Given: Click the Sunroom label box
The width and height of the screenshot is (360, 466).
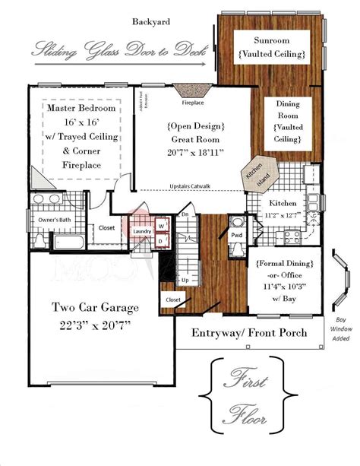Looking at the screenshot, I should tap(270, 47).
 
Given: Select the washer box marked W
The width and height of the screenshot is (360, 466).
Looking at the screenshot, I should tap(161, 226).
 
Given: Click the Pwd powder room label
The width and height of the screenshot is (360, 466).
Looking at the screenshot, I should tap(237, 236).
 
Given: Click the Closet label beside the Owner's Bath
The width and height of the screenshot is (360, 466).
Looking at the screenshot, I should tap(106, 227).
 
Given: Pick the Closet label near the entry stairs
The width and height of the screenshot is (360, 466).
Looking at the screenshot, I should tap(172, 300).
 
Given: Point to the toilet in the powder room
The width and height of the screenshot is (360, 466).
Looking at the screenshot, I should tap(237, 223).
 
